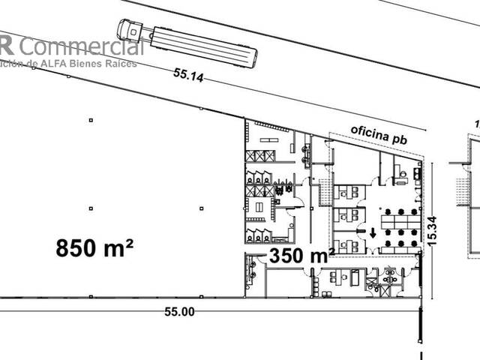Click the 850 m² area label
95,248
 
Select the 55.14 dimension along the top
189,75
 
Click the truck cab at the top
128,29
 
